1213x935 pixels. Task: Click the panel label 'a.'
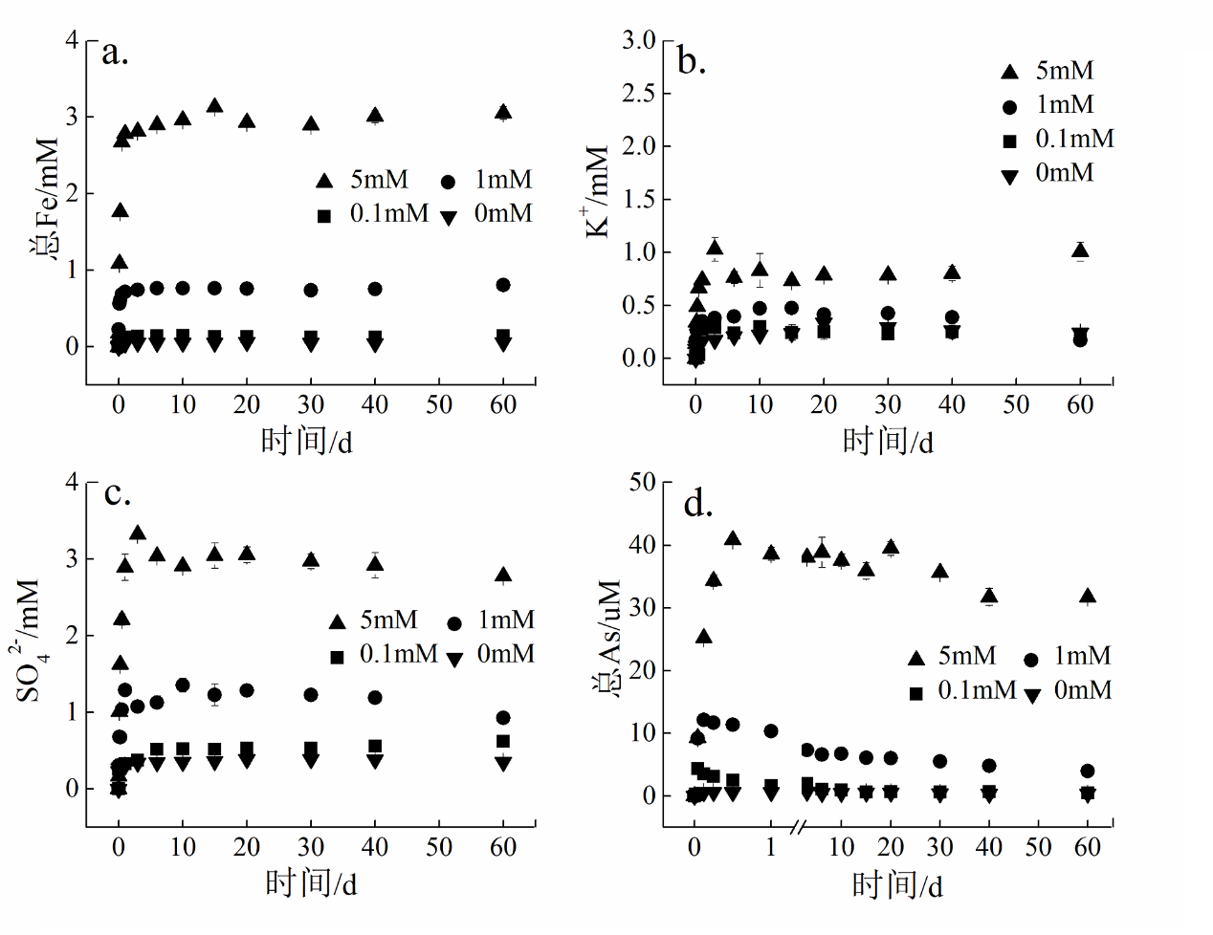coord(115,53)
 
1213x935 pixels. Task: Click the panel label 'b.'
coord(691,60)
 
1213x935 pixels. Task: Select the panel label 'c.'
coord(117,493)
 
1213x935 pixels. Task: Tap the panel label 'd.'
coord(698,503)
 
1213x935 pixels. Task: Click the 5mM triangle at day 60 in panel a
coord(503,112)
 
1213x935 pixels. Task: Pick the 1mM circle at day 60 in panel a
coord(503,285)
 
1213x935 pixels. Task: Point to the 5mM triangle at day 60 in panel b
coord(1080,251)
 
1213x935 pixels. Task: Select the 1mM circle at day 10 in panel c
coord(183,685)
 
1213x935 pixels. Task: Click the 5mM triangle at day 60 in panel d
coord(1088,597)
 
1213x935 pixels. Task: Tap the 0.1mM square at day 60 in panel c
coord(503,741)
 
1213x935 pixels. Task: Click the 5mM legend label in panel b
coord(1065,71)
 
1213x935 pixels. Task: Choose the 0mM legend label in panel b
coord(1065,173)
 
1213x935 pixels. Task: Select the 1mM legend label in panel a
coord(503,180)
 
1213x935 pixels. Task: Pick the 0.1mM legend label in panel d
coord(977,690)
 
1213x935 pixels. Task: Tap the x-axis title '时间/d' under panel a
coord(307,441)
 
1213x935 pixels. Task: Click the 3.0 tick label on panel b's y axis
coord(638,40)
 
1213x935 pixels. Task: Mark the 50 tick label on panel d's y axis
coord(642,483)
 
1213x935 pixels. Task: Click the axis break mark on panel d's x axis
coord(799,824)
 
